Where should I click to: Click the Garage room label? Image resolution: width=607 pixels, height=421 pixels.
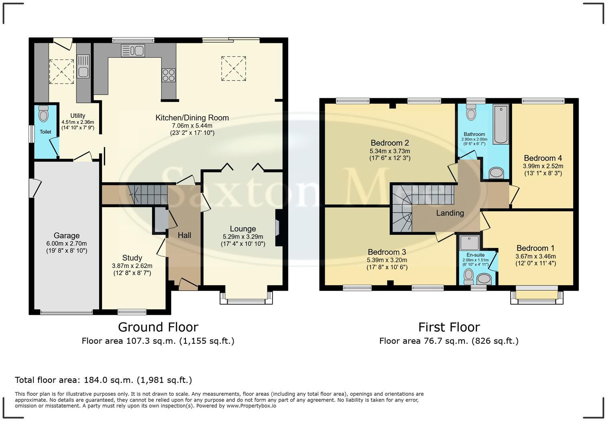pyautogui.click(x=67, y=236)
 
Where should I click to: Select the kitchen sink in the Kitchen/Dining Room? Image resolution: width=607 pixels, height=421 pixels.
pyautogui.click(x=132, y=51)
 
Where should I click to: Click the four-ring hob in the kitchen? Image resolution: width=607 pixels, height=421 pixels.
pyautogui.click(x=169, y=75)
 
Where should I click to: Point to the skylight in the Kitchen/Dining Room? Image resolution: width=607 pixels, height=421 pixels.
pyautogui.click(x=233, y=69)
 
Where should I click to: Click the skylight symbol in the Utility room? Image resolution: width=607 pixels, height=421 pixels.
pyautogui.click(x=61, y=72)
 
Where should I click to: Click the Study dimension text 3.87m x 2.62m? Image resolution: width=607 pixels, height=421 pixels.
pyautogui.click(x=132, y=266)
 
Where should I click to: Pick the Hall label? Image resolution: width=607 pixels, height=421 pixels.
pyautogui.click(x=184, y=235)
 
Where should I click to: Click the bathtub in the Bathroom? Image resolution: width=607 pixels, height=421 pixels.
pyautogui.click(x=501, y=124)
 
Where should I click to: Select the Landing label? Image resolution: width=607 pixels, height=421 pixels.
pyautogui.click(x=450, y=213)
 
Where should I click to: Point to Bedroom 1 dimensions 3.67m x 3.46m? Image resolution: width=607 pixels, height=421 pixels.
pyautogui.click(x=536, y=256)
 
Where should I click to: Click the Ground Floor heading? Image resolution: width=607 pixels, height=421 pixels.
pyautogui.click(x=158, y=327)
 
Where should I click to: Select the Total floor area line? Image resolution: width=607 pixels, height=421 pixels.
pyautogui.click(x=103, y=380)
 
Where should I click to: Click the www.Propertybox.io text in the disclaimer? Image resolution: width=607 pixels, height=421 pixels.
pyautogui.click(x=251, y=406)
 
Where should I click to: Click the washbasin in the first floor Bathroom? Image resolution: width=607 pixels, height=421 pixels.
pyautogui.click(x=497, y=173)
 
